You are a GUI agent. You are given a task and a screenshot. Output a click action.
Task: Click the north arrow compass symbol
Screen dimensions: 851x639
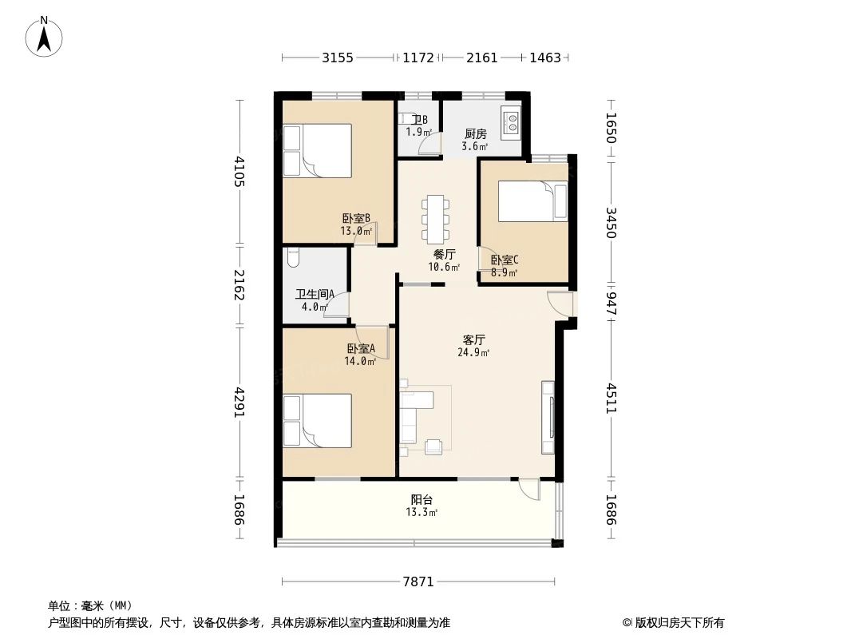click(x=44, y=37)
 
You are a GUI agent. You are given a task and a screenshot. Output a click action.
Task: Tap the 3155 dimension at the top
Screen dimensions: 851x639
click(x=338, y=58)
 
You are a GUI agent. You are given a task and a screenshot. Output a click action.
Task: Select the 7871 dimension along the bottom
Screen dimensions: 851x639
click(x=418, y=582)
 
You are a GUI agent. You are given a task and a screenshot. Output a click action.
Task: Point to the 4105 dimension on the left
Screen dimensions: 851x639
click(x=239, y=172)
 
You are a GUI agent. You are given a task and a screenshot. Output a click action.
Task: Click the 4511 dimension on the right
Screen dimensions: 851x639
click(x=612, y=399)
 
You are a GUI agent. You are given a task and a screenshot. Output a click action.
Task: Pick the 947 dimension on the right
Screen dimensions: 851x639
click(x=612, y=304)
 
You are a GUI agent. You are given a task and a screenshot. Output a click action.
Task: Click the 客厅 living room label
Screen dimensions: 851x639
click(x=474, y=339)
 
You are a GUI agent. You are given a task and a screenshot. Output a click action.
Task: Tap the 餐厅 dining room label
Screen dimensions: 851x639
click(x=445, y=254)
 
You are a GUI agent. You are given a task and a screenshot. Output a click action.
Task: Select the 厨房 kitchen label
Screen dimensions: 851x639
click(x=476, y=133)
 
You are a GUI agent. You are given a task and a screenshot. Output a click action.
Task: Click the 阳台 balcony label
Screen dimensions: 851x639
click(x=422, y=499)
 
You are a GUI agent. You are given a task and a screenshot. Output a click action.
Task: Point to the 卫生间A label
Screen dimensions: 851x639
click(x=315, y=294)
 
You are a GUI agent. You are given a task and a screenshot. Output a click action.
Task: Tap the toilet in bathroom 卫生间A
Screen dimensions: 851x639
click(x=291, y=257)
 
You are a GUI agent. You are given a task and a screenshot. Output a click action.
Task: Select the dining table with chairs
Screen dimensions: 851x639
click(x=435, y=218)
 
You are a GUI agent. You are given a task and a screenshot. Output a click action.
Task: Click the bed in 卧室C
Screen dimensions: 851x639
click(x=532, y=200)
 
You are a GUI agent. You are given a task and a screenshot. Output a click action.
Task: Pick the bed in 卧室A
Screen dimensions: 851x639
click(x=318, y=420)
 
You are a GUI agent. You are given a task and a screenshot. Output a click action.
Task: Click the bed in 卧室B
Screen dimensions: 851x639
click(x=318, y=150)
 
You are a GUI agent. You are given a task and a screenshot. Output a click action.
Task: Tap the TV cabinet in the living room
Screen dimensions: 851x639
click(x=548, y=417)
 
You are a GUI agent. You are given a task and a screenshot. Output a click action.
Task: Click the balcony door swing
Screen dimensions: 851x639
click(x=529, y=489)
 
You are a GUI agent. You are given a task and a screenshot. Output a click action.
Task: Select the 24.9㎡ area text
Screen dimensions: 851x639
click(x=474, y=352)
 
